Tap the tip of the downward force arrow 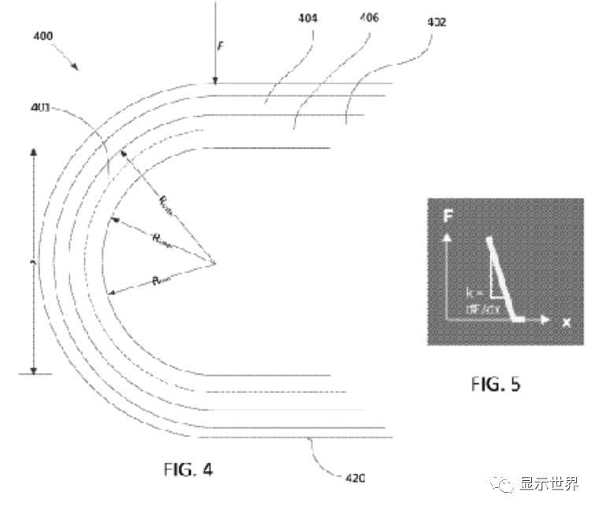click(x=214, y=81)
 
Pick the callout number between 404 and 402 click(x=368, y=17)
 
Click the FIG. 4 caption click(x=186, y=470)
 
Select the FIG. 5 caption click(x=495, y=384)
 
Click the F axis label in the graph click(x=448, y=215)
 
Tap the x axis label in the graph click(x=566, y=322)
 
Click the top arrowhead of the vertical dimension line click(x=34, y=151)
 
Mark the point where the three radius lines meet click(x=215, y=262)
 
